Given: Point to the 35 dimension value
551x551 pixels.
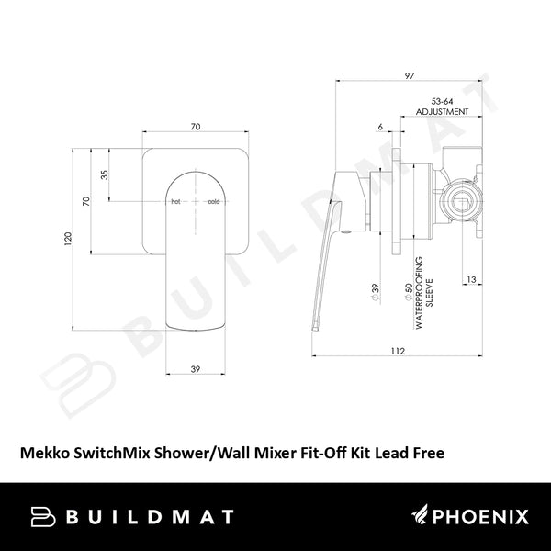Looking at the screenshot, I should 105,174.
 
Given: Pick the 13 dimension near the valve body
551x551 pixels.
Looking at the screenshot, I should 468,278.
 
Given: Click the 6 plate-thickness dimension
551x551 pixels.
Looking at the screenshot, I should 380,128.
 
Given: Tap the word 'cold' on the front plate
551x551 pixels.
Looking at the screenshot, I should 213,200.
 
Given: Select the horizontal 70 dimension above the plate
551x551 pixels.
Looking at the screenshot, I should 197,128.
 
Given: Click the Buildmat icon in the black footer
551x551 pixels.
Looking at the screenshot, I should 45,516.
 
